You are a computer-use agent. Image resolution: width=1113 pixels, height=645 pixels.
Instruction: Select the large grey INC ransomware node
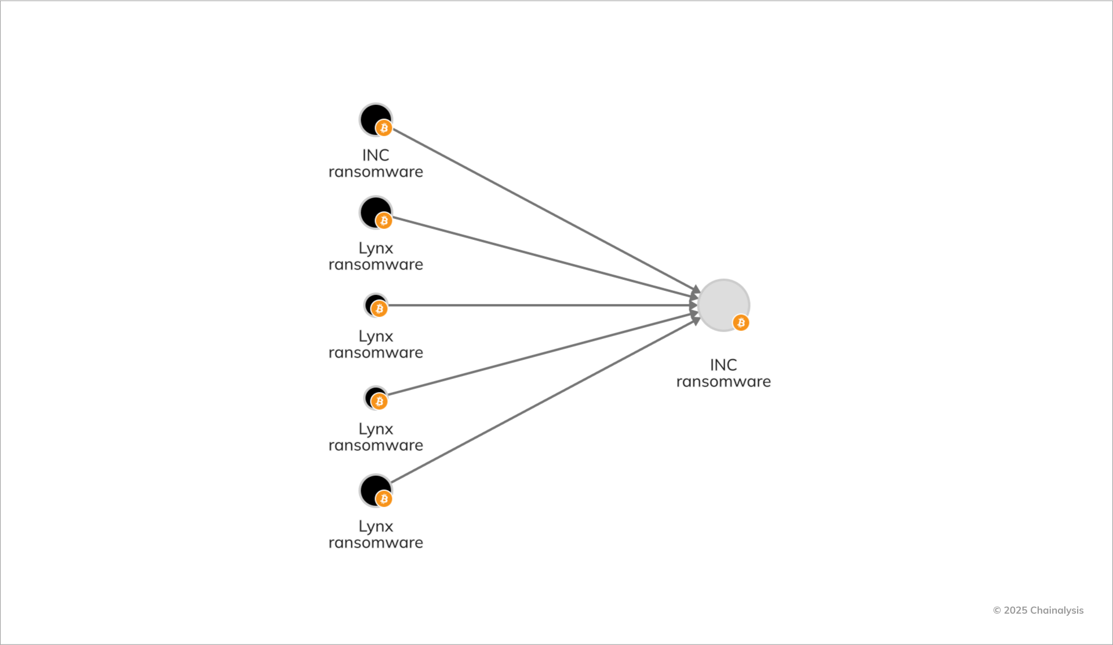721,303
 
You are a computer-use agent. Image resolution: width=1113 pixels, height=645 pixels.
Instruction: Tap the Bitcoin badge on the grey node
741,323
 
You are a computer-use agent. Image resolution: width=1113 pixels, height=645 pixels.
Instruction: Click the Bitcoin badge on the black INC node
384,128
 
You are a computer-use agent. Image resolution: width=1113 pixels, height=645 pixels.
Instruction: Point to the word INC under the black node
376,155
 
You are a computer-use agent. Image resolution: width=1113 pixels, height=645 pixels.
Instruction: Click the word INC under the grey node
723,365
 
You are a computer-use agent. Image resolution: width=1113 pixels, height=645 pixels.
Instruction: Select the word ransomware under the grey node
723,382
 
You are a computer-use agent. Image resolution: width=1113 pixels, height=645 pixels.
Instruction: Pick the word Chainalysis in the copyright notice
1057,610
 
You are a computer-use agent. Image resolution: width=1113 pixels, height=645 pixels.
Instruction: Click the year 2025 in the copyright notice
1016,610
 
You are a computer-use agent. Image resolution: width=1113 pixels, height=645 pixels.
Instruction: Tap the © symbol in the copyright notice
997,610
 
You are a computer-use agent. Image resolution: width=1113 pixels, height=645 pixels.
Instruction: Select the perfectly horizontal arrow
539,305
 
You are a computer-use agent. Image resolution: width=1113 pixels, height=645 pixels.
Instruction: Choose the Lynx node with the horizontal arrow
374,304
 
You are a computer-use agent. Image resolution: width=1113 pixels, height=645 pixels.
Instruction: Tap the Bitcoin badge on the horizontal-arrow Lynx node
380,309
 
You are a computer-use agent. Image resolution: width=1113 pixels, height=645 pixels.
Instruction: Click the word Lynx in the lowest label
376,526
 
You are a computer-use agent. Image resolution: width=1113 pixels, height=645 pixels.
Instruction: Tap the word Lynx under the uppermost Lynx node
376,248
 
